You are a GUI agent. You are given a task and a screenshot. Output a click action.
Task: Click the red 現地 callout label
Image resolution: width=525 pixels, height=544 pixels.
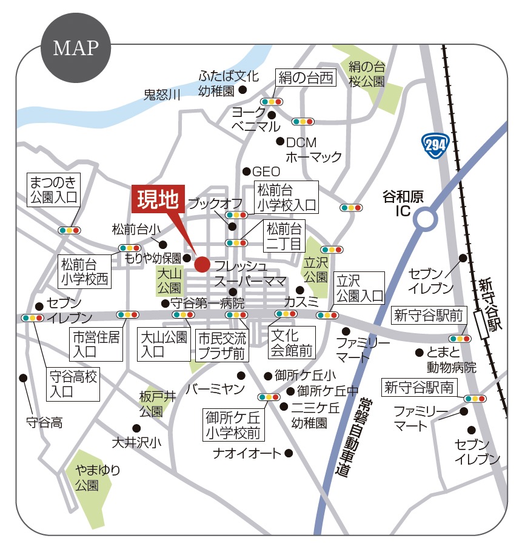pyautogui.click(x=157, y=200)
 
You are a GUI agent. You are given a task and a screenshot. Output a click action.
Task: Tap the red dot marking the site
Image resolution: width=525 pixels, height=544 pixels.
pyautogui.click(x=202, y=264)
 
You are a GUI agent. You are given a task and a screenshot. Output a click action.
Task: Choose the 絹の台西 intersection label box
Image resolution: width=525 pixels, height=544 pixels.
pyautogui.click(x=306, y=78)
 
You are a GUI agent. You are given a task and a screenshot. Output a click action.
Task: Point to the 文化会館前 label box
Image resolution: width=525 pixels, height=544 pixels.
pyautogui.click(x=292, y=342)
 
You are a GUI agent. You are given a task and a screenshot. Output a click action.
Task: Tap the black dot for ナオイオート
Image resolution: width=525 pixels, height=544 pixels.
pyautogui.click(x=289, y=453)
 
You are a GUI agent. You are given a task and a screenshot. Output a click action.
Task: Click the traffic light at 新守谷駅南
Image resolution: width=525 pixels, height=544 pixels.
pyautogui.click(x=474, y=399)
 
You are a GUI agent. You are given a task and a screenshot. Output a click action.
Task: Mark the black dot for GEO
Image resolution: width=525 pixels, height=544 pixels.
pyautogui.click(x=247, y=171)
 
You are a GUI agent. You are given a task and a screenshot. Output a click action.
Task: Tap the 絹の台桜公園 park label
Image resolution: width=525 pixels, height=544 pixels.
pyautogui.click(x=366, y=74)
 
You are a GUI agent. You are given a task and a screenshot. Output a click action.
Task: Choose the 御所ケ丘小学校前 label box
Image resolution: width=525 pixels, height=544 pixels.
pyautogui.click(x=232, y=425)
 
